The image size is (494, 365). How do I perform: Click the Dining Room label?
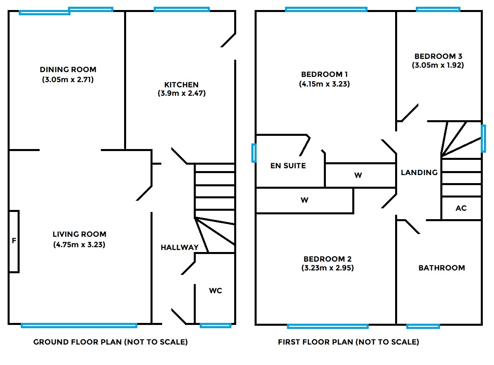pyautogui.click(x=68, y=70)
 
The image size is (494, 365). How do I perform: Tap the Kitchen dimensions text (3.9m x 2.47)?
pyautogui.click(x=181, y=94)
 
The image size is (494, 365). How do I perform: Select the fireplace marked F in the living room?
pyautogui.click(x=14, y=241)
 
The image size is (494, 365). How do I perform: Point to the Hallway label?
pyautogui.click(x=179, y=248)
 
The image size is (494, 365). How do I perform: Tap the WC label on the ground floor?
pyautogui.click(x=215, y=291)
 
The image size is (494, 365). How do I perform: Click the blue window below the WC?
pyautogui.click(x=215, y=325)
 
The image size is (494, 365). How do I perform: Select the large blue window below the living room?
pyautogui.click(x=79, y=325)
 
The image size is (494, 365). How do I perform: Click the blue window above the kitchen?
pyautogui.click(x=181, y=9)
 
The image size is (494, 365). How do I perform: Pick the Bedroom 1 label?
pyautogui.click(x=324, y=75)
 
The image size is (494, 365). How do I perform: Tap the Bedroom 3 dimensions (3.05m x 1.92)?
pyautogui.click(x=438, y=65)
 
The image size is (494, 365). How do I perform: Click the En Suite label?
pyautogui.click(x=288, y=165)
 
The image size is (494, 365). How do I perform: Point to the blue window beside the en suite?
pyautogui.click(x=253, y=153)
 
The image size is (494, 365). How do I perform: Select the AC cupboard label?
pyautogui.click(x=461, y=208)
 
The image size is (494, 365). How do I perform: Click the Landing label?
pyautogui.click(x=419, y=173)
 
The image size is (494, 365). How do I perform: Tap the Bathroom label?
pyautogui.click(x=442, y=268)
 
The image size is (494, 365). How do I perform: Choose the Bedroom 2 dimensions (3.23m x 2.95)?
pyautogui.click(x=327, y=268)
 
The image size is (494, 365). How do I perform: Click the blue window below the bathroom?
pyautogui.click(x=423, y=326)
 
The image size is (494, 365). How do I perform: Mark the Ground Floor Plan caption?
pyautogui.click(x=110, y=342)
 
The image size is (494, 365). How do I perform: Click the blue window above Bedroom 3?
pyautogui.click(x=438, y=9)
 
